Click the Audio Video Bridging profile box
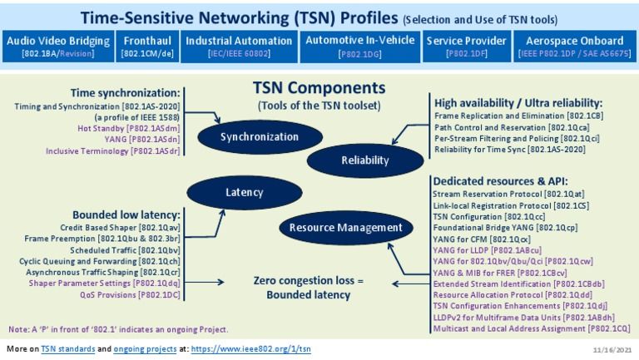coord(58,47)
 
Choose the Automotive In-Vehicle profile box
coord(359,47)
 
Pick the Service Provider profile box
coord(467,47)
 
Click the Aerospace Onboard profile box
coord(573,47)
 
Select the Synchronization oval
coord(259,136)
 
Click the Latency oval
coord(245,193)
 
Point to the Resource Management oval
coord(346,228)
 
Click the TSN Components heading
coord(319,88)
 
